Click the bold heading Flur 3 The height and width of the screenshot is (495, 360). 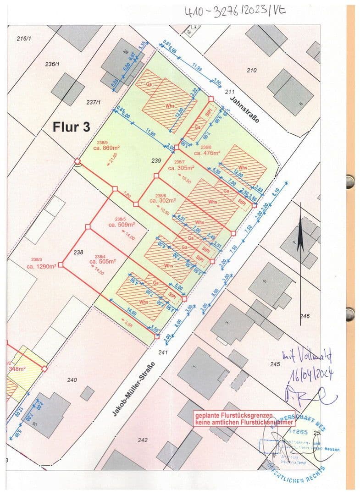coord(71,126)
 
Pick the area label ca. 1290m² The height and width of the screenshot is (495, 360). coord(41,266)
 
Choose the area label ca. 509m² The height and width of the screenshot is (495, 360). coord(122,225)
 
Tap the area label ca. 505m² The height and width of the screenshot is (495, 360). coord(103,262)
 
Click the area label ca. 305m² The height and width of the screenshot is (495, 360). coord(182,168)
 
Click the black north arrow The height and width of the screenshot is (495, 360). coord(300,238)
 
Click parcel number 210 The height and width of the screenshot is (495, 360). coord(251,70)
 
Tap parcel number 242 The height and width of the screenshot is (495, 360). coord(143,440)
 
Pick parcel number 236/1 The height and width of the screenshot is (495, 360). coord(53,65)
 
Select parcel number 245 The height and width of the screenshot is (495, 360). coord(275,364)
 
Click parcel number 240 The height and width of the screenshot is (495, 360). coord(72,379)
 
